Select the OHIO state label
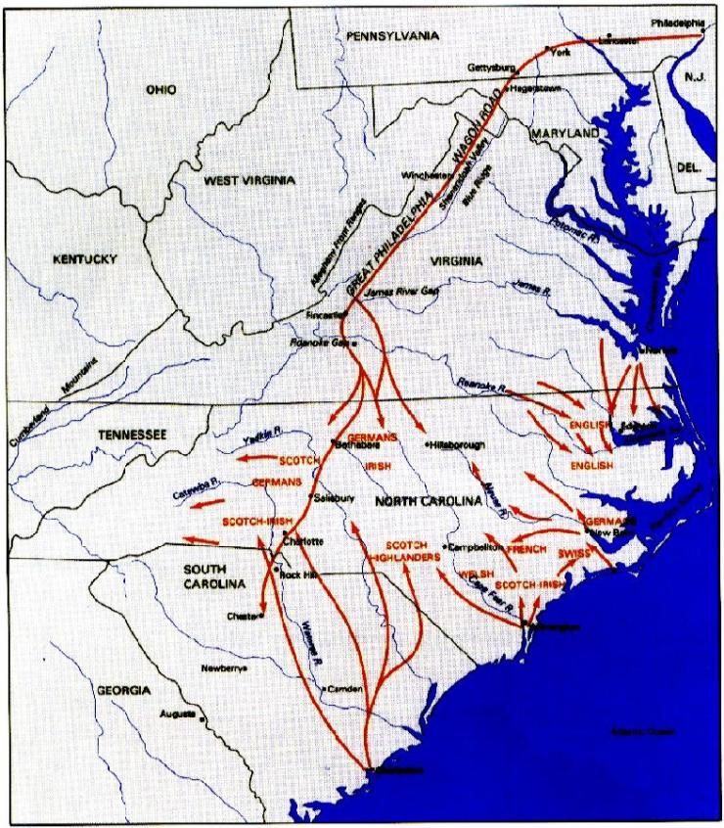coord(161,90)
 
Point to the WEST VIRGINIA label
coord(249,181)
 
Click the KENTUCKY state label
coord(85,259)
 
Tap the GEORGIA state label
coord(123,690)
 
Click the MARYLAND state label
coord(565,132)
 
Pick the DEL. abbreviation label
coord(689,168)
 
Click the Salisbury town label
coord(334,497)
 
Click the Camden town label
coord(348,689)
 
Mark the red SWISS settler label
coord(576,553)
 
